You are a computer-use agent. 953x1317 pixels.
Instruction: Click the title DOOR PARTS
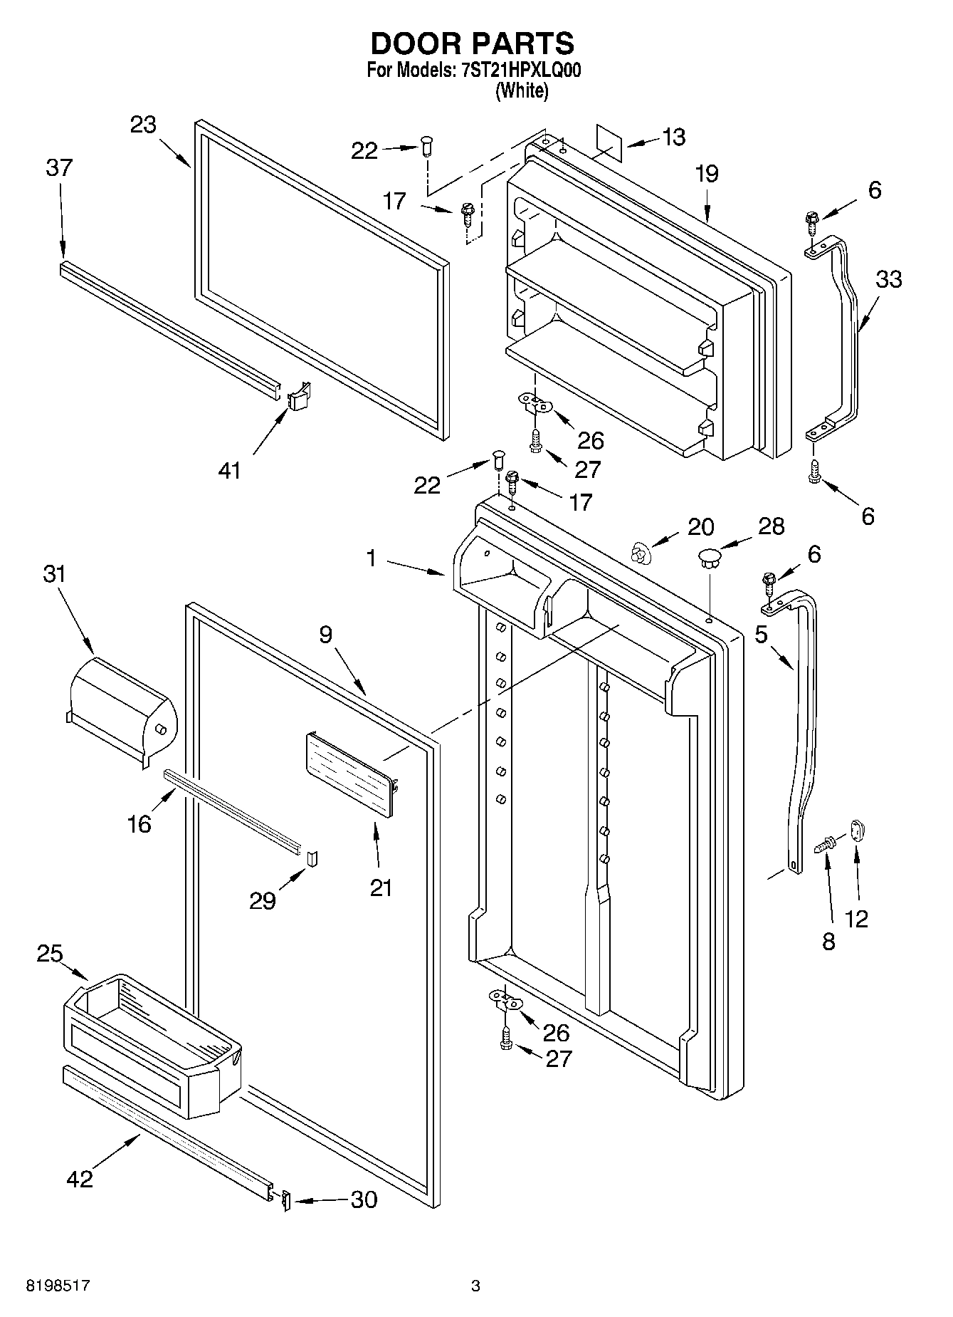click(472, 43)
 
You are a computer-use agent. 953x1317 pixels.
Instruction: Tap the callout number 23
click(143, 125)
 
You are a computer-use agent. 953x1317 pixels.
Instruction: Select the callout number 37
click(59, 168)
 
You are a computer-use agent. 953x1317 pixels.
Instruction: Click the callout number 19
click(707, 174)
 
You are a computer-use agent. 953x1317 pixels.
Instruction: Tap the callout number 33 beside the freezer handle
click(888, 279)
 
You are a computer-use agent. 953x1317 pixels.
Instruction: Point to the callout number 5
click(761, 634)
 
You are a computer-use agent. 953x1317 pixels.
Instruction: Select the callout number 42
click(80, 1179)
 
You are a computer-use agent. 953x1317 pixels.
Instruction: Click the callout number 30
click(364, 1200)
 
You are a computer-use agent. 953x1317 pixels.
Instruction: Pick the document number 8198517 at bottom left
click(58, 1286)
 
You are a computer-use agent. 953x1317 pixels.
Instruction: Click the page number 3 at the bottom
click(475, 1286)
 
